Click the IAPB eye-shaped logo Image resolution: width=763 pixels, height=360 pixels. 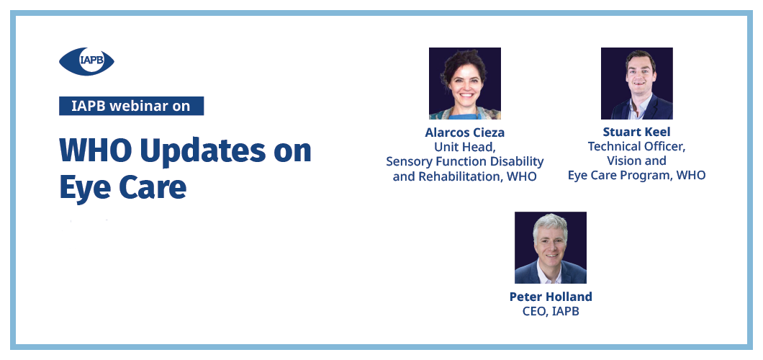coord(86,61)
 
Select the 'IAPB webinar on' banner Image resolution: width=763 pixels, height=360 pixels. coord(132,106)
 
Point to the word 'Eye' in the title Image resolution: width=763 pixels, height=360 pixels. coord(83,188)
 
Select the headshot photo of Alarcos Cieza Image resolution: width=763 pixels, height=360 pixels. coord(465,84)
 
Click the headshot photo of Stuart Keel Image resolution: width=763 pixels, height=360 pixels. coord(637,84)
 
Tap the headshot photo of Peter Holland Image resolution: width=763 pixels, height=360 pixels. coord(551,247)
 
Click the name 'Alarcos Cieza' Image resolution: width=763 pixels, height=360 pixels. coord(465,132)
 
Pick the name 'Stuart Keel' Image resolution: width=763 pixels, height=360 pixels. coord(636,132)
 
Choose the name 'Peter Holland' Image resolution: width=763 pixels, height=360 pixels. coord(551,296)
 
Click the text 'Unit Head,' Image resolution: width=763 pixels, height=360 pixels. coord(465,146)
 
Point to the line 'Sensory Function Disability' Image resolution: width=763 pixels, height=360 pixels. coord(465,161)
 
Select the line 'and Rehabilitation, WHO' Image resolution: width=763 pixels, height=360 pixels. coord(465,176)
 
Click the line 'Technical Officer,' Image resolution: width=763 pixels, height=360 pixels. coord(636,146)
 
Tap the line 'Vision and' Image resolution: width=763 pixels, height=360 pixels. coord(636,161)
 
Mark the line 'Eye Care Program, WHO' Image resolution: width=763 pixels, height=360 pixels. coord(636,175)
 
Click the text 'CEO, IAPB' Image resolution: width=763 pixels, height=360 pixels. coord(551,311)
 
